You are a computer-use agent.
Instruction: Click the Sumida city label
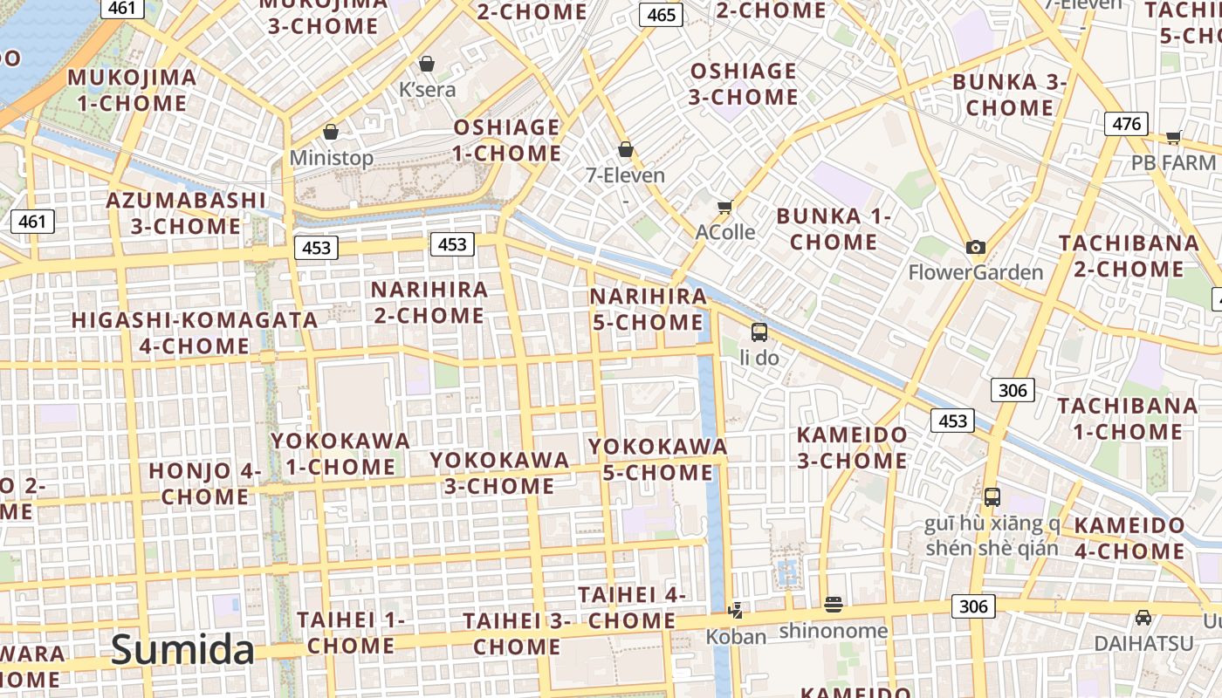[x=183, y=650]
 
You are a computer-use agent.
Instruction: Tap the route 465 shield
[x=661, y=15]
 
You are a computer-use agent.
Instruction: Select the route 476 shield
[x=1126, y=124]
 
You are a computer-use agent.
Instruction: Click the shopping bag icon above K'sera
[x=427, y=64]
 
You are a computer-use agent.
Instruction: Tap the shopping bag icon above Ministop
[x=331, y=132]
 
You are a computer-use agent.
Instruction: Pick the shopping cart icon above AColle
[x=724, y=207]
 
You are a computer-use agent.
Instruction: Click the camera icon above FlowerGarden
[x=976, y=247]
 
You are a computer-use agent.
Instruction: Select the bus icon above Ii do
[x=759, y=332]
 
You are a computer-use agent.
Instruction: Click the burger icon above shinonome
[x=833, y=604]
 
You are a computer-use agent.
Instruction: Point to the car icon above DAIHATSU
[x=1143, y=618]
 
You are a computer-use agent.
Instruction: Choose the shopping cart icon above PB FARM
[x=1173, y=137]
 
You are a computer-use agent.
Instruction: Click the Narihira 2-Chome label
[x=429, y=302]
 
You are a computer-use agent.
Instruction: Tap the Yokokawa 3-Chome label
[x=499, y=472]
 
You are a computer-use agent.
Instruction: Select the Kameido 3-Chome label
[x=852, y=447]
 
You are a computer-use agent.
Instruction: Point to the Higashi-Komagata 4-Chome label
[x=195, y=332]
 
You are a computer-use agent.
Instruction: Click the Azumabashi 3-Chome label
[x=186, y=213]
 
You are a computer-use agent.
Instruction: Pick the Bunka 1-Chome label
[x=834, y=229]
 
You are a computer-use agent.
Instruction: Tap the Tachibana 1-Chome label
[x=1128, y=418]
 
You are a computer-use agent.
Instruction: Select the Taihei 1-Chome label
[x=351, y=633]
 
